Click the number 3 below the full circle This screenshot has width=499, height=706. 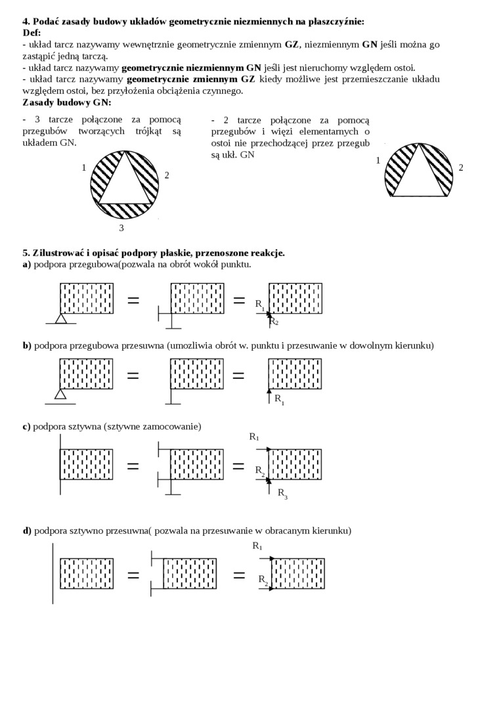point(121,228)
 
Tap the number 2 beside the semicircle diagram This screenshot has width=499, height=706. point(461,167)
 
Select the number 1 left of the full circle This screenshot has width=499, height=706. point(84,167)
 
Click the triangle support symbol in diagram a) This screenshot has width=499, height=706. point(60,319)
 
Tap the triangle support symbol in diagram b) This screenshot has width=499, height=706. point(60,394)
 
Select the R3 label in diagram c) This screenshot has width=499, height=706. point(282,493)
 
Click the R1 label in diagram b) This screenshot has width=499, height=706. point(279,399)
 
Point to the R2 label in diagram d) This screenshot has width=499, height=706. point(263,579)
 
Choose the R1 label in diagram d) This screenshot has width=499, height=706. point(257,546)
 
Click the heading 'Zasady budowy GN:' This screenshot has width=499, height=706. point(67,102)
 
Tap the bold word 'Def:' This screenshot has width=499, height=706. point(32,33)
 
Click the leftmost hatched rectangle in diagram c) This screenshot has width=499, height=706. point(86,465)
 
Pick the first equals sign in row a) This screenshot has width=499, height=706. point(133,300)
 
